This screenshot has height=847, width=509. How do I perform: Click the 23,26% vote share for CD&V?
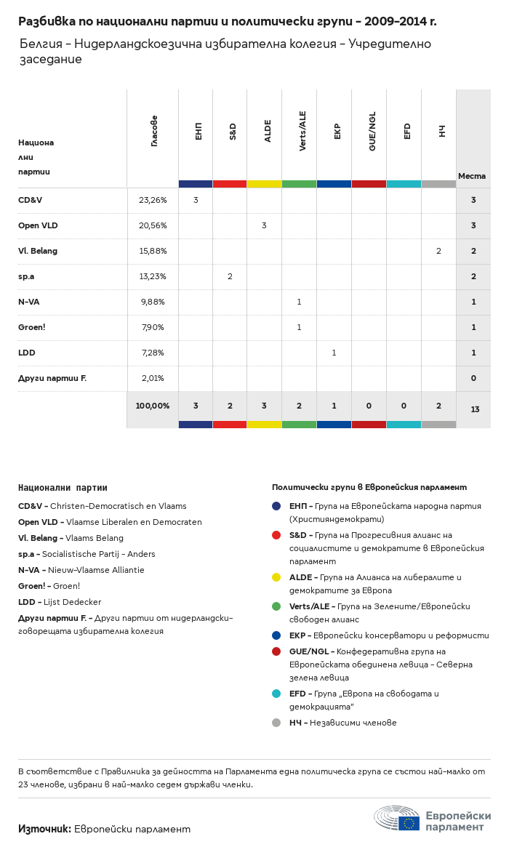coord(153,200)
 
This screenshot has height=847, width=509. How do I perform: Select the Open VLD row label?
coord(38,225)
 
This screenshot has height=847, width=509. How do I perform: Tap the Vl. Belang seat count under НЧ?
coord(438,251)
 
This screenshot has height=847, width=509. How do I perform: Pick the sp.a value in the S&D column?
coord(230,276)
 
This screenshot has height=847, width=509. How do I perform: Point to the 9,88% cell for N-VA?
coord(153,302)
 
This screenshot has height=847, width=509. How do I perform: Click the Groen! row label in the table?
coord(32,327)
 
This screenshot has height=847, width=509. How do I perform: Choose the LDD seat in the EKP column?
coord(334,353)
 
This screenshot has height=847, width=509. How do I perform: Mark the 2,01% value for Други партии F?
coord(153,378)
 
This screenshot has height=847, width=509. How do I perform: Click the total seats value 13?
coord(475,409)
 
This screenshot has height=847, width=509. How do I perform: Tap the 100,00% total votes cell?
coord(153,406)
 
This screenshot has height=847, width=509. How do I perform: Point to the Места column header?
coord(472,176)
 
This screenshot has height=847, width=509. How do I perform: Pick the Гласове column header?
coord(154,131)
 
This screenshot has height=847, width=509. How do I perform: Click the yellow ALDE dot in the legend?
coord(276,577)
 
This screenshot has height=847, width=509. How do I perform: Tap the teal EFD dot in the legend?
coord(276,694)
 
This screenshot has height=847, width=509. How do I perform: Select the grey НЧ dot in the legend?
coord(276,723)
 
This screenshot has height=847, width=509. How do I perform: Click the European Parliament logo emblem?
coord(396,819)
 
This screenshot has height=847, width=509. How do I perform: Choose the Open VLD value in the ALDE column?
coord(264,225)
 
